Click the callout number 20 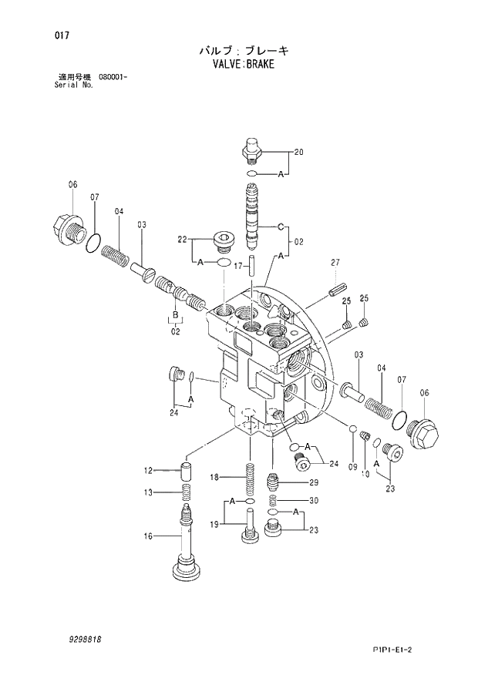click(x=298, y=152)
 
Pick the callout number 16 click(x=148, y=536)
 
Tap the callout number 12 click(x=148, y=470)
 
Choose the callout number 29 click(x=314, y=482)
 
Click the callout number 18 click(x=216, y=478)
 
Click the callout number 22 click(x=182, y=240)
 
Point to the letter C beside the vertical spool click(x=281, y=227)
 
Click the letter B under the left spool click(x=175, y=317)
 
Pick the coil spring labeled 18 click(x=250, y=482)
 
